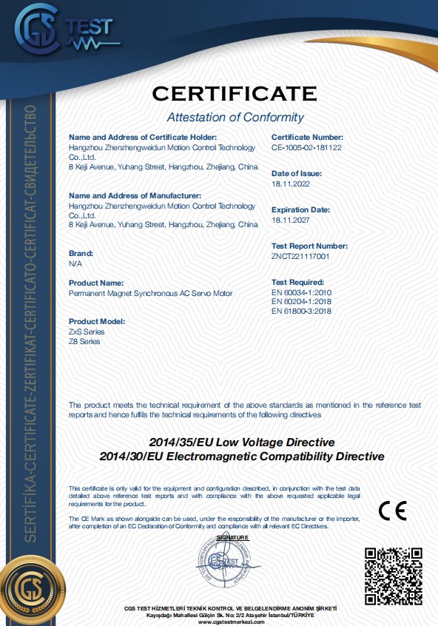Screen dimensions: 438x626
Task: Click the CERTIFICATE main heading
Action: [234, 93]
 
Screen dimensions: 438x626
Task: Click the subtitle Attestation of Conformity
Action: [235, 117]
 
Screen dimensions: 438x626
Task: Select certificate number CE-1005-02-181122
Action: [306, 147]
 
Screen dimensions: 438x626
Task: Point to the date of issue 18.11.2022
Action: [290, 183]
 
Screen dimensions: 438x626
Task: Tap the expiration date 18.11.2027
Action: [290, 220]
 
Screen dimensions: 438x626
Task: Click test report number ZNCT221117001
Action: [300, 256]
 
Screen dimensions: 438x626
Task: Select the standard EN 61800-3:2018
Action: [301, 311]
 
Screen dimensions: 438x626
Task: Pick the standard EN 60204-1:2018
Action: [301, 302]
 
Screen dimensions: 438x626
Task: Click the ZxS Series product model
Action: [87, 332]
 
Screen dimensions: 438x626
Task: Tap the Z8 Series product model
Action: [84, 342]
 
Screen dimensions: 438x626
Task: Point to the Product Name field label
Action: [96, 283]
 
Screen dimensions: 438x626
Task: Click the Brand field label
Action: [81, 253]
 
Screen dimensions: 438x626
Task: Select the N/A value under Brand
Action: [75, 263]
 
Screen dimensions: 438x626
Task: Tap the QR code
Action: [394, 576]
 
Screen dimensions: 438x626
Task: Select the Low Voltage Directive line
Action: [242, 442]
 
